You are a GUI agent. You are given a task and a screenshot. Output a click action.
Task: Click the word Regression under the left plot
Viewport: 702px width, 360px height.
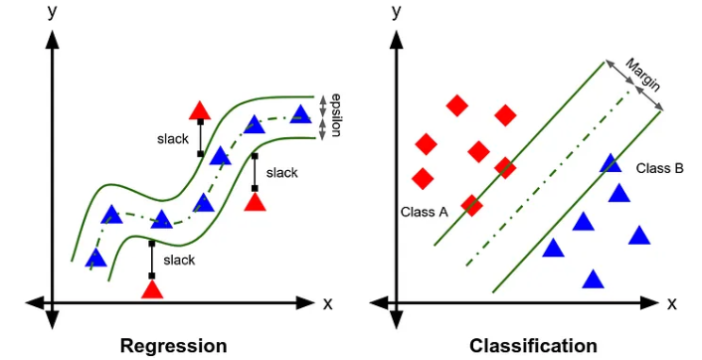tap(173, 345)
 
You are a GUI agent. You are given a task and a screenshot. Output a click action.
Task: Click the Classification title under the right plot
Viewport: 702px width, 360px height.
tap(533, 345)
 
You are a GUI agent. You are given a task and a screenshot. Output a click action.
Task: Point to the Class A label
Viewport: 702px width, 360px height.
tap(425, 212)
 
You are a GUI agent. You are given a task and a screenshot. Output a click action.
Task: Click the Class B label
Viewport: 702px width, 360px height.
tap(659, 167)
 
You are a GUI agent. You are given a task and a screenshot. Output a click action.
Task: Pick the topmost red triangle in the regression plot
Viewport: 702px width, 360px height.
tap(200, 110)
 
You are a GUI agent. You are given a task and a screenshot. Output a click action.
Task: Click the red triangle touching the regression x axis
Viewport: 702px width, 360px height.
tap(152, 288)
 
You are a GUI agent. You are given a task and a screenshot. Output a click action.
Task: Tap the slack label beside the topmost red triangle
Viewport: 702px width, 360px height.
tap(172, 138)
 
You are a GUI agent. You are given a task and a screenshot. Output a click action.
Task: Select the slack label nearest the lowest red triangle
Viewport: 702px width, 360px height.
tap(179, 260)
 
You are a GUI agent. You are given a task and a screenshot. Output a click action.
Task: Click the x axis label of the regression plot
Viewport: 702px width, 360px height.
tap(327, 303)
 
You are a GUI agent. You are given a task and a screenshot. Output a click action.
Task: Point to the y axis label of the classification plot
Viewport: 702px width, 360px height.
tap(397, 12)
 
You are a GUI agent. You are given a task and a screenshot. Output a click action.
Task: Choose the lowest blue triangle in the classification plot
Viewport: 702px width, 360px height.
tap(593, 279)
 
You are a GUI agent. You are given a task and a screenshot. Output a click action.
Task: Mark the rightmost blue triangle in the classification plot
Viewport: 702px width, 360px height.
tap(638, 236)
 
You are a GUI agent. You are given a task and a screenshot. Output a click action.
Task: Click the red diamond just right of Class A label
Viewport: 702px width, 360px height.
tap(471, 205)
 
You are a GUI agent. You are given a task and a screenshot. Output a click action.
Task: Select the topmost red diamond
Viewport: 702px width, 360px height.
tap(457, 105)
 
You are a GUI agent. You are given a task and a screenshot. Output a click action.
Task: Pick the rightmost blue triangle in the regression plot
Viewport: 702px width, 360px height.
tap(301, 113)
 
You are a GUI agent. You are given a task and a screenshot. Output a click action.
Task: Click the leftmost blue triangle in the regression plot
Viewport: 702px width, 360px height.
tap(95, 259)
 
